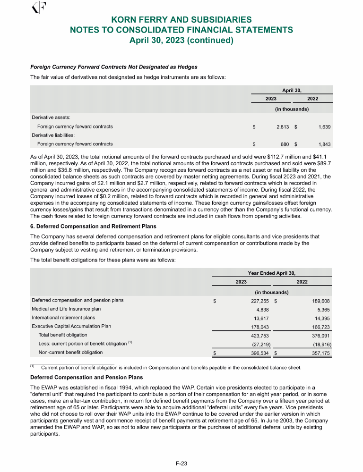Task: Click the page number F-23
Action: click(x=181, y=464)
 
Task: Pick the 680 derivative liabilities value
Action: click(x=284, y=144)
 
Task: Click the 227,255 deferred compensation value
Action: click(x=259, y=300)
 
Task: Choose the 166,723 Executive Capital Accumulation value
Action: click(x=320, y=326)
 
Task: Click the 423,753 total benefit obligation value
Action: click(x=259, y=335)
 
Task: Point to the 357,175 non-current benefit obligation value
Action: click(x=320, y=352)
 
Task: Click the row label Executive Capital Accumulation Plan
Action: click(x=71, y=326)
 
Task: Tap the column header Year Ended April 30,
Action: click(x=272, y=273)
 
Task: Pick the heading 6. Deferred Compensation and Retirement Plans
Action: click(x=93, y=226)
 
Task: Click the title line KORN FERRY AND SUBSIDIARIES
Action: click(x=181, y=20)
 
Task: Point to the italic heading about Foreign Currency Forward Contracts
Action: click(x=114, y=67)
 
